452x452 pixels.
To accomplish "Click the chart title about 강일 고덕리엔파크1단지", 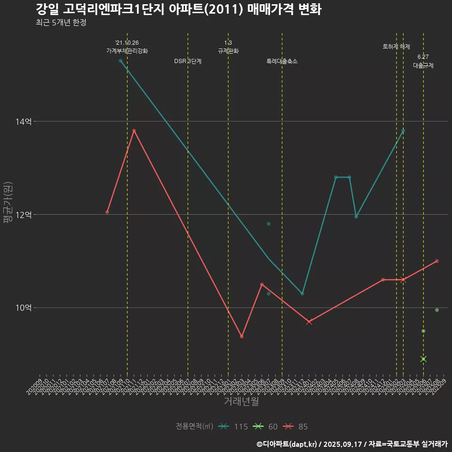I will [x=178, y=9].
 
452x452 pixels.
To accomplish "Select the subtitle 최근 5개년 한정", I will [x=61, y=23].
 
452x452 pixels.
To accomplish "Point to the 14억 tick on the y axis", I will [x=23, y=121].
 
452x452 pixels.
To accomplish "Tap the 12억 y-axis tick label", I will [x=23, y=215].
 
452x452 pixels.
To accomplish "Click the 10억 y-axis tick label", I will [x=23, y=308].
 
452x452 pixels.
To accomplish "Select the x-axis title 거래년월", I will [x=241, y=402].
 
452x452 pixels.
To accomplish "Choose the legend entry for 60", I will [x=266, y=427].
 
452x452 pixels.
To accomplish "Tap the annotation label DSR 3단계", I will [x=188, y=61].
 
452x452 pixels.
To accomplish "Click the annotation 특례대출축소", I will [x=282, y=61].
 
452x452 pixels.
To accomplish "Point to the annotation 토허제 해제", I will [x=396, y=47].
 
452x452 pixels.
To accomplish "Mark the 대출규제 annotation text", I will [x=423, y=65].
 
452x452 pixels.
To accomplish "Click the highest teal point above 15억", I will [x=121, y=61].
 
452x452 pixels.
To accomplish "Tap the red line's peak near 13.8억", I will [x=134, y=130].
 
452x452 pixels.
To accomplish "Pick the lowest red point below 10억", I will [x=242, y=336].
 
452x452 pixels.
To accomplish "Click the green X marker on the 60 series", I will [x=423, y=359].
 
